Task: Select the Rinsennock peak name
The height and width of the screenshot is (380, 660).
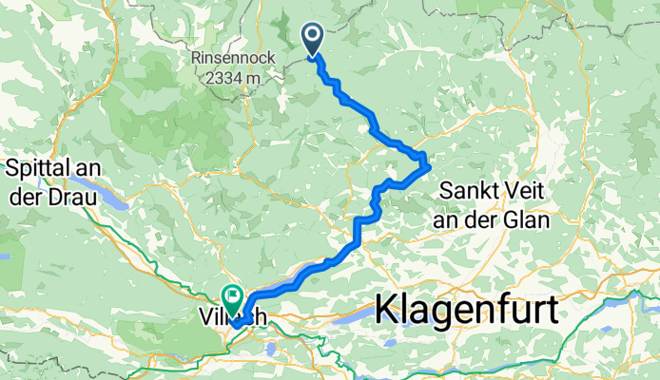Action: [233, 58]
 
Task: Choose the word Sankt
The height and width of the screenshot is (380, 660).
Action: [468, 190]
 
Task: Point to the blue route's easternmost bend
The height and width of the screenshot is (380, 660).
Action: [431, 167]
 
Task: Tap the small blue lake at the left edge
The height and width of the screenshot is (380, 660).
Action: [5, 255]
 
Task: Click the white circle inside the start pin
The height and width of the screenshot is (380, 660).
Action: [313, 35]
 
